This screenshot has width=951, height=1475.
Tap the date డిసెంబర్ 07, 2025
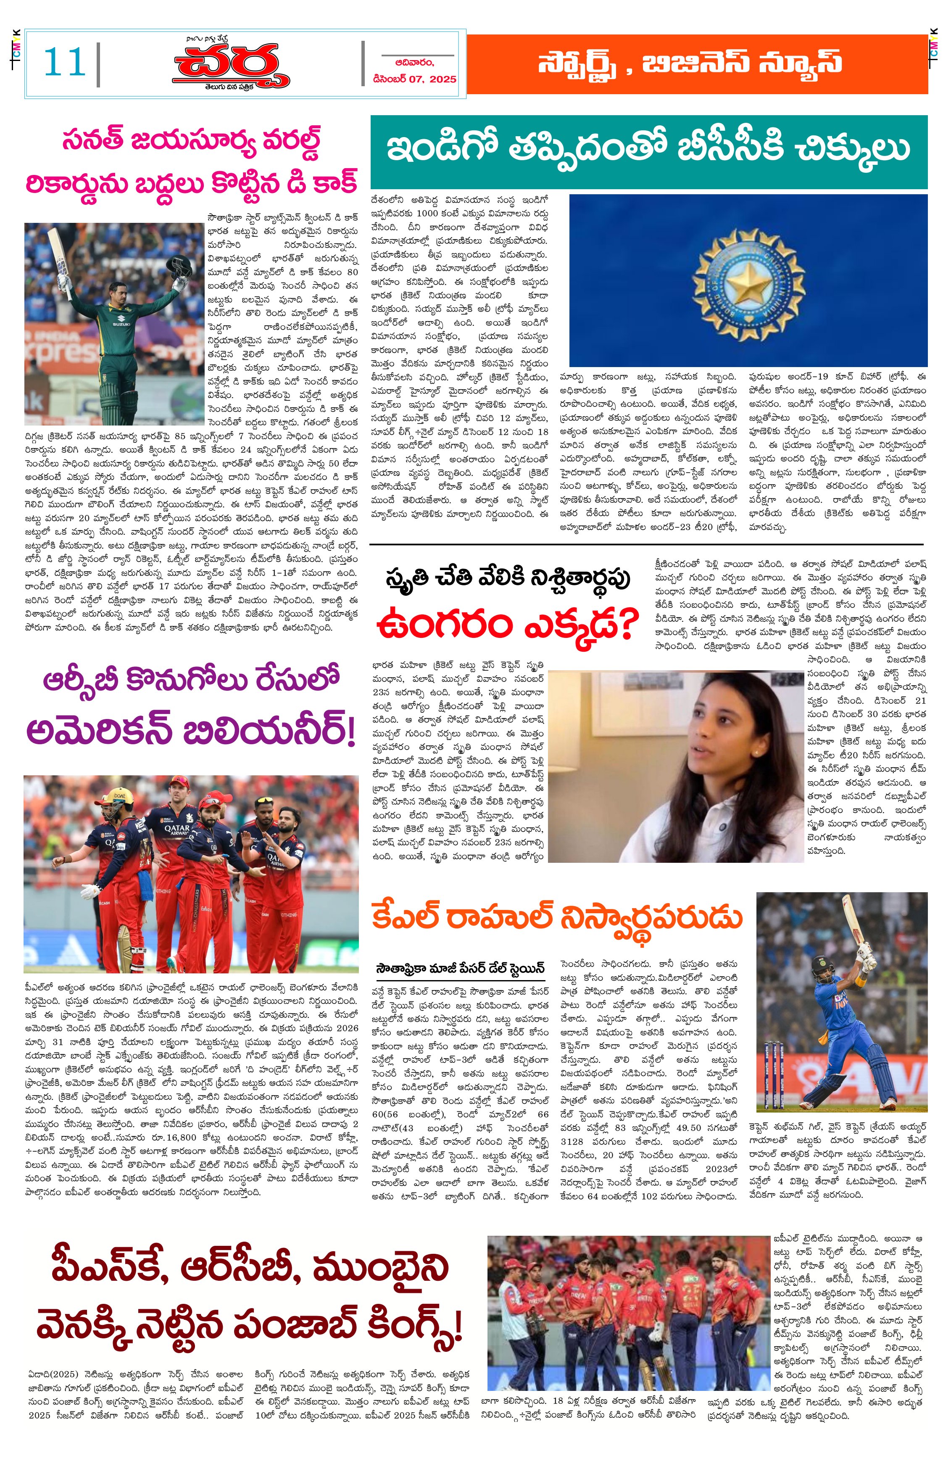tap(414, 79)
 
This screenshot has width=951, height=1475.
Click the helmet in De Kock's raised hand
tap(178, 267)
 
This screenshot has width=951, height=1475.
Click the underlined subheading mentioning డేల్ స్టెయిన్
tap(460, 968)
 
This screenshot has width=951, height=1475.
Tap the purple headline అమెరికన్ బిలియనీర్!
tap(192, 732)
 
